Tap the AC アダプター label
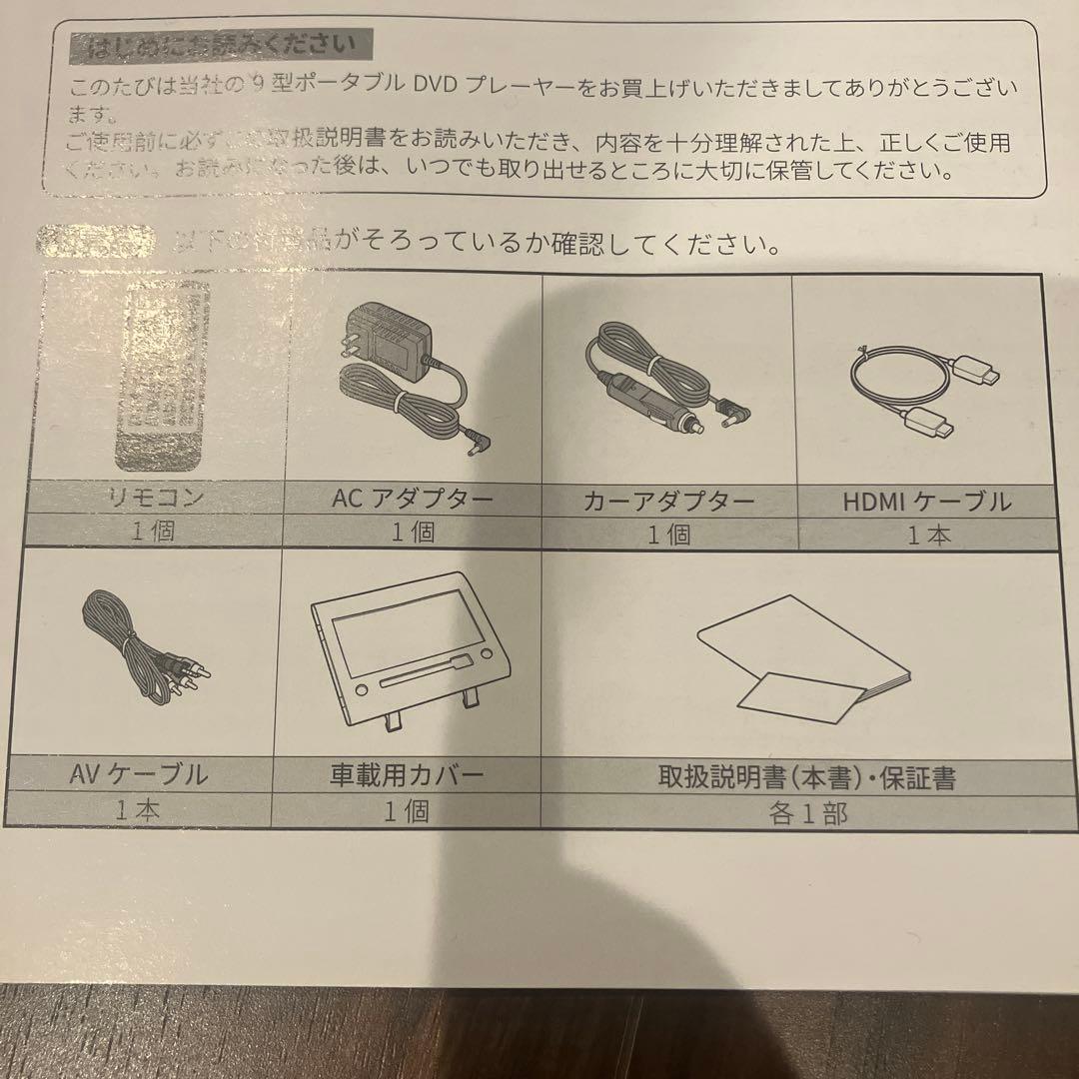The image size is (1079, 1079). coord(413,500)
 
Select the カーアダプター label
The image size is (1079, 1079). coord(668,503)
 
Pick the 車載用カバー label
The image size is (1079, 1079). coord(406,775)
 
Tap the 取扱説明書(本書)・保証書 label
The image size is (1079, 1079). coord(806,777)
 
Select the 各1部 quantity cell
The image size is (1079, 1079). coord(808,813)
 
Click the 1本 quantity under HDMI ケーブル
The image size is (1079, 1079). coord(929,535)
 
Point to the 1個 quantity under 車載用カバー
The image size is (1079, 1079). coord(407,811)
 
